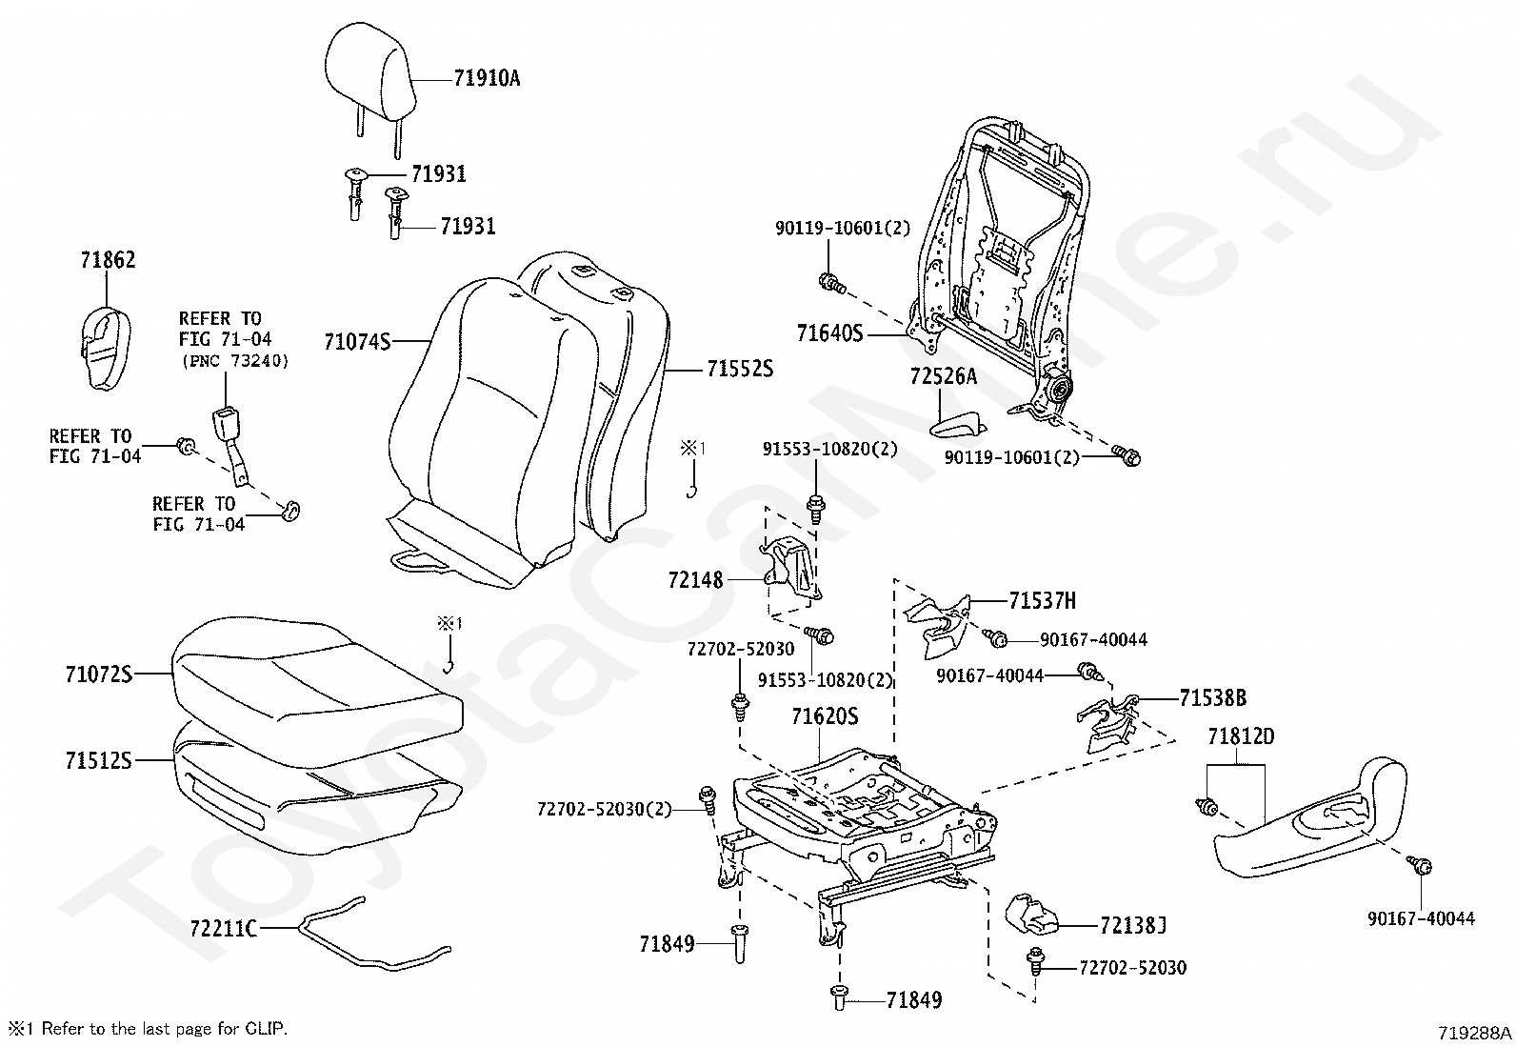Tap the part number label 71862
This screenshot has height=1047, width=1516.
pos(109,260)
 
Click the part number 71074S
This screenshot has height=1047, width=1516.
pos(357,342)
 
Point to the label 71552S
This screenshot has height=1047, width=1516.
pos(740,369)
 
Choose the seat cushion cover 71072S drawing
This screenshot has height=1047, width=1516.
pos(317,691)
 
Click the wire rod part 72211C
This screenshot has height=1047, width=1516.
pos(373,934)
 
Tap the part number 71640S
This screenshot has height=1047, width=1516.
pos(829,333)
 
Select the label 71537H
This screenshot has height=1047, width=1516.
pos(1042,601)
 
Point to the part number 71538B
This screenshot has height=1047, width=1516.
pos(1213,697)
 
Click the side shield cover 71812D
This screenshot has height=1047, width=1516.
pos(1309,819)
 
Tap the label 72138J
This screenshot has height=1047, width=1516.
pos(1133,925)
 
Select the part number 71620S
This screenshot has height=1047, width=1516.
pos(825,716)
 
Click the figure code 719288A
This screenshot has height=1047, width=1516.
pos(1475,1033)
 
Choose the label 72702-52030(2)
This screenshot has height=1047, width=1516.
pos(604,809)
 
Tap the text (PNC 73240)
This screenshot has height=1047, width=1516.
pos(235,361)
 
